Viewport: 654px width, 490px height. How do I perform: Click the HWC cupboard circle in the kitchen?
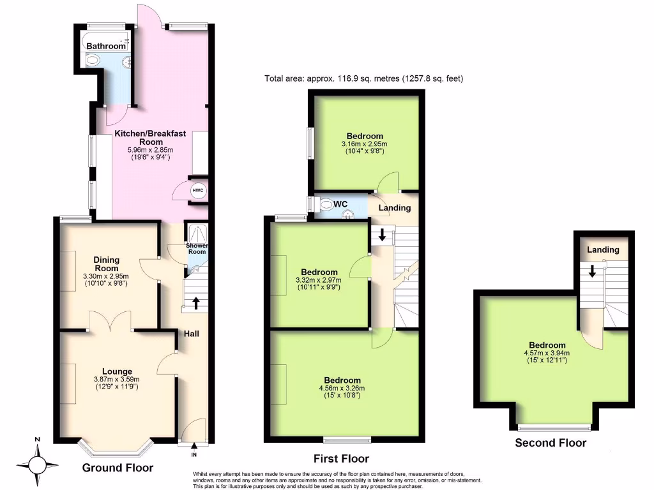click(197, 191)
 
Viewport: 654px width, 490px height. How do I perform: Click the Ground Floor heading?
click(118, 468)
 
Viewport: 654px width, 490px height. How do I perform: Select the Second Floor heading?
click(551, 443)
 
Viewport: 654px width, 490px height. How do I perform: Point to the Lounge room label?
click(117, 371)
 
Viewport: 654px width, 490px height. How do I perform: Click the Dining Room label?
click(106, 264)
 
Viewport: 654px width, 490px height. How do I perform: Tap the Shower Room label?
click(197, 248)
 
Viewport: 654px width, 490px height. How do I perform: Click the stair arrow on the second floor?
click(592, 271)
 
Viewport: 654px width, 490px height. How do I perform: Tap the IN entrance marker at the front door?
click(194, 455)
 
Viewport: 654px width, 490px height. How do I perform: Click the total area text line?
click(363, 79)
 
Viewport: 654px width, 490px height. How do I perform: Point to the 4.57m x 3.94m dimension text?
click(546, 353)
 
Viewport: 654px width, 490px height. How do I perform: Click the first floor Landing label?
click(395, 208)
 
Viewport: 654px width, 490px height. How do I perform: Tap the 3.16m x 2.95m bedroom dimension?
click(365, 144)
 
